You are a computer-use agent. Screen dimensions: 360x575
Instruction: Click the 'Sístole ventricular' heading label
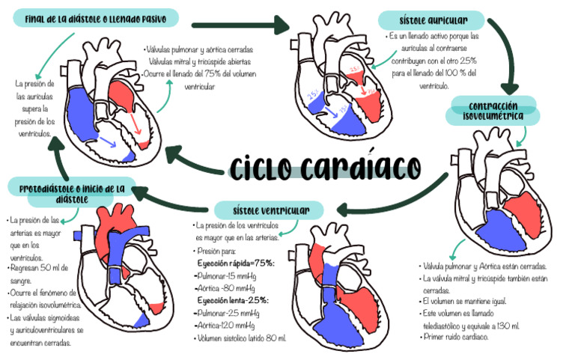click(268, 209)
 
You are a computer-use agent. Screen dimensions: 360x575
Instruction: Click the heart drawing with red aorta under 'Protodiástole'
click(124, 262)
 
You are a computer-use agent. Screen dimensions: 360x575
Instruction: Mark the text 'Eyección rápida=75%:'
click(236, 263)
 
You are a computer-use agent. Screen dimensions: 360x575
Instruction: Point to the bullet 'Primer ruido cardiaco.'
click(457, 338)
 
